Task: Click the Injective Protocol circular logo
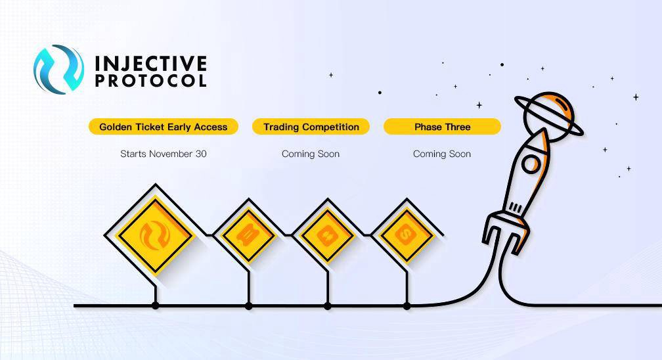[x=58, y=69]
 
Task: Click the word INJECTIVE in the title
[x=151, y=63]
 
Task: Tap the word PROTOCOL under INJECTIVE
[x=151, y=81]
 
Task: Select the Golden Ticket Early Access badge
[x=164, y=127]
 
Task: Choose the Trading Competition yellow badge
[x=311, y=127]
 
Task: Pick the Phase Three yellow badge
[x=443, y=127]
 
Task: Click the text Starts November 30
[x=164, y=154]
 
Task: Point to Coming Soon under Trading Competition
[x=311, y=154]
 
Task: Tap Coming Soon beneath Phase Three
[x=442, y=154]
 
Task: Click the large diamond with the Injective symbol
[x=156, y=235]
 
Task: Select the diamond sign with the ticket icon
[x=249, y=235]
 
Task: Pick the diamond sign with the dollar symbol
[x=407, y=235]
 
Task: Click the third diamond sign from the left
[x=328, y=235]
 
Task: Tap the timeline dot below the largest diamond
[x=156, y=305]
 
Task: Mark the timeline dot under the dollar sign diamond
[x=407, y=305]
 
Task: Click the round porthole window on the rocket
[x=531, y=164]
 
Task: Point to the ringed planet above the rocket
[x=549, y=114]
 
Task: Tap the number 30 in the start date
[x=201, y=154]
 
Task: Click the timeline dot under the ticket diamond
[x=249, y=305]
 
